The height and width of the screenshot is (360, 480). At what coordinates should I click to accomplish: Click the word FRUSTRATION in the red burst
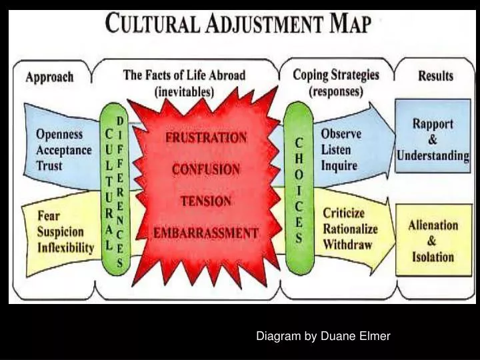tap(206, 139)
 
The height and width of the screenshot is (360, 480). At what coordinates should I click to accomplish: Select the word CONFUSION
tap(206, 169)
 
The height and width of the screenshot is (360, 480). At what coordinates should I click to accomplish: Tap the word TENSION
tap(206, 201)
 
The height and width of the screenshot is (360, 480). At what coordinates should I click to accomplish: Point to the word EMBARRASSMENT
tap(206, 233)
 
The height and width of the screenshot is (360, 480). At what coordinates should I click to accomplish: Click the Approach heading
tap(50, 76)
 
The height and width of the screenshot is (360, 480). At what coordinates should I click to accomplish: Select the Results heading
tap(435, 75)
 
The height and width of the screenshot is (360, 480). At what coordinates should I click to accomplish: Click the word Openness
tap(59, 134)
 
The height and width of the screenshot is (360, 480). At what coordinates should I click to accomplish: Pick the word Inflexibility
tap(65, 248)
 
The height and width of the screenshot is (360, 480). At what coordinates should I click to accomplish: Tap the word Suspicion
tap(61, 232)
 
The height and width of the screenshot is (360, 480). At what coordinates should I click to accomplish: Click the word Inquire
tap(339, 165)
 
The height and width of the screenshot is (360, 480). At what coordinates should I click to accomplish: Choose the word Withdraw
tap(347, 244)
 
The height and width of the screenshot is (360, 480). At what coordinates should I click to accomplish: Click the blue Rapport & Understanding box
tap(433, 139)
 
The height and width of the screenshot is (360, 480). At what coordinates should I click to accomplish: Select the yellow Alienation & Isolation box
tap(433, 241)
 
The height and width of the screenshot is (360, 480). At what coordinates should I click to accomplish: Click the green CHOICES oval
tap(299, 190)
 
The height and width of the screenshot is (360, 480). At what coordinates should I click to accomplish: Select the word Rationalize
tap(350, 229)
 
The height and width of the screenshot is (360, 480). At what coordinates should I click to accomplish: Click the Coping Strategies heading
tap(336, 75)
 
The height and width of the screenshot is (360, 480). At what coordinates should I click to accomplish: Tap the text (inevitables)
tap(183, 92)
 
